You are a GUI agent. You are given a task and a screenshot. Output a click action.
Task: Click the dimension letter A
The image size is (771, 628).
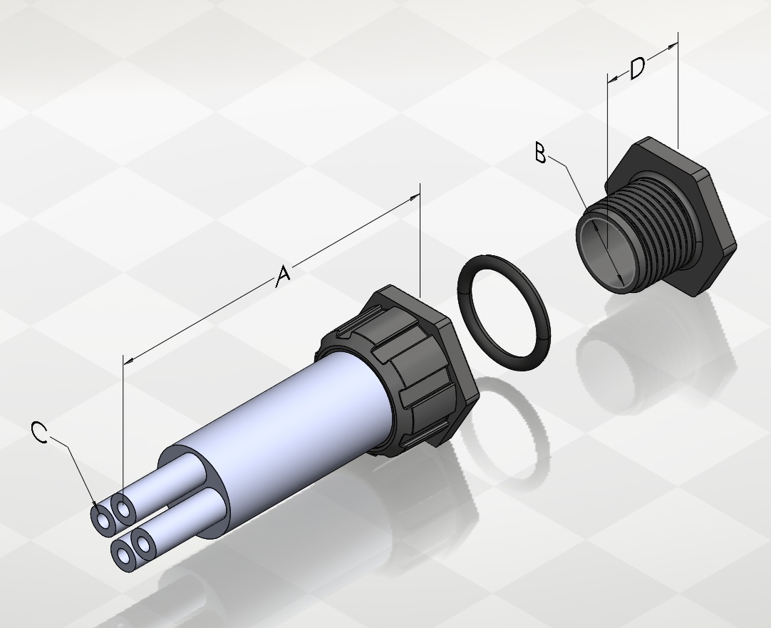(x=283, y=276)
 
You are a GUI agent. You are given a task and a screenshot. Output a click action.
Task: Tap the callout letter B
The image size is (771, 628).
(x=540, y=153)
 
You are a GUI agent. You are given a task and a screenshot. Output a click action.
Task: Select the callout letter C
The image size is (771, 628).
(x=39, y=432)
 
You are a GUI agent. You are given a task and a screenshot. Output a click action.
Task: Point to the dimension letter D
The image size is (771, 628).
(x=637, y=68)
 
